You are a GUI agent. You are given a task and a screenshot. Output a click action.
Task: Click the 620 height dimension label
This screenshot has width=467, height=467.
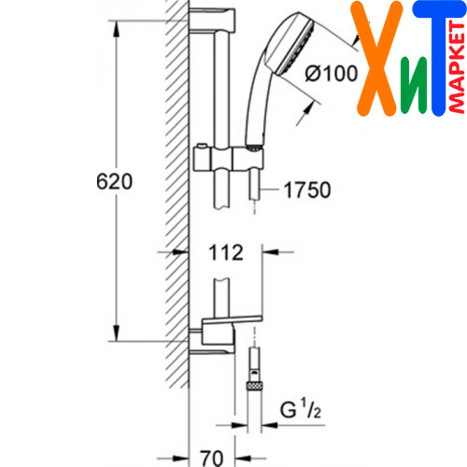click(114, 181)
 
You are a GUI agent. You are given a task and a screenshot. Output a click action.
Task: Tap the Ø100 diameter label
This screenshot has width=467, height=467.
click(332, 74)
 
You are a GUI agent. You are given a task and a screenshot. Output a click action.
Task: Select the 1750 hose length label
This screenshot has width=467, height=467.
click(307, 190)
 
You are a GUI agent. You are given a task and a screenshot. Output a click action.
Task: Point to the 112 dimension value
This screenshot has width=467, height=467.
click(226, 252)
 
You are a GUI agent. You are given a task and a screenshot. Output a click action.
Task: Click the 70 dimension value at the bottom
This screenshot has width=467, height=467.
click(212, 458)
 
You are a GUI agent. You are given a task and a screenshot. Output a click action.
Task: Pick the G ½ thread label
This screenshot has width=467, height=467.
click(301, 409)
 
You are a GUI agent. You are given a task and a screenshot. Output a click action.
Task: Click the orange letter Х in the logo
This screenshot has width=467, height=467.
click(376, 59)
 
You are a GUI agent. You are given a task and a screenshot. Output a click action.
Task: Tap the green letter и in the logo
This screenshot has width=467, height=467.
click(414, 85)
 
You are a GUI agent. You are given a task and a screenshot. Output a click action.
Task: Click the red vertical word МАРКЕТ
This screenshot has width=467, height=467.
click(457, 67)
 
